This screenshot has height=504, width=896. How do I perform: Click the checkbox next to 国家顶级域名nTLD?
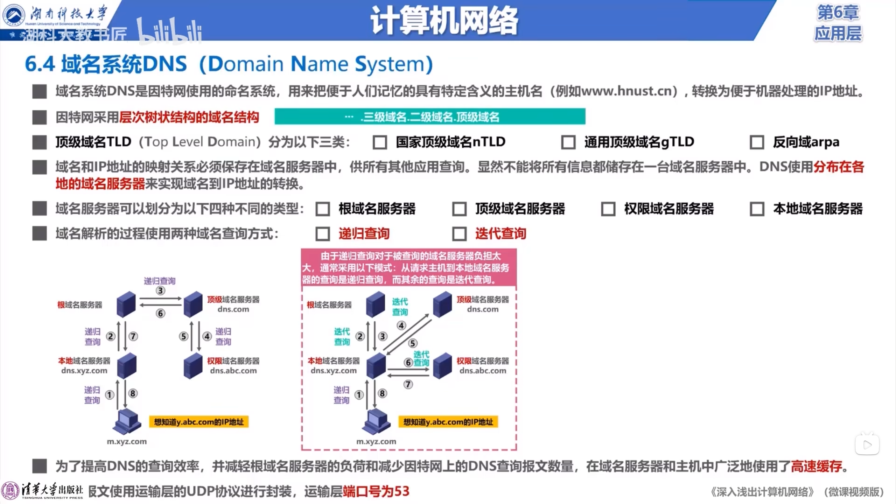click(380, 142)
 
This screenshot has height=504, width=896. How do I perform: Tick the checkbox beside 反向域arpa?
click(757, 142)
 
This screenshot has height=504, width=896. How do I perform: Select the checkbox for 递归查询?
click(322, 234)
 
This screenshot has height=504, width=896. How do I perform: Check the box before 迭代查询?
click(459, 234)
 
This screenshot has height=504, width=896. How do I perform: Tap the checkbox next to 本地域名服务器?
click(757, 209)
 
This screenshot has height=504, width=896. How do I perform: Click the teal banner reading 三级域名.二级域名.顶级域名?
click(430, 117)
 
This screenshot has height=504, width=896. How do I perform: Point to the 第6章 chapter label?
click(838, 13)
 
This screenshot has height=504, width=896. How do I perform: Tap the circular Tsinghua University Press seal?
click(10, 491)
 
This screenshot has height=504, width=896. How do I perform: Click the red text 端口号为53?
click(376, 491)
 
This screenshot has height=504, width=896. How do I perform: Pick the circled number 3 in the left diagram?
click(160, 290)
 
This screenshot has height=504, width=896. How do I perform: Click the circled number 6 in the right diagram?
click(408, 363)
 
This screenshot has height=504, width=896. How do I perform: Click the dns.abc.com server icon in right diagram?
click(442, 366)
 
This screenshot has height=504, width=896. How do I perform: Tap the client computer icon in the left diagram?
click(127, 421)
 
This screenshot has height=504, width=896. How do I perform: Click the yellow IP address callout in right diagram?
click(448, 422)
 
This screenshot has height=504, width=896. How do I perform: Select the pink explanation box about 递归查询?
click(408, 268)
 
